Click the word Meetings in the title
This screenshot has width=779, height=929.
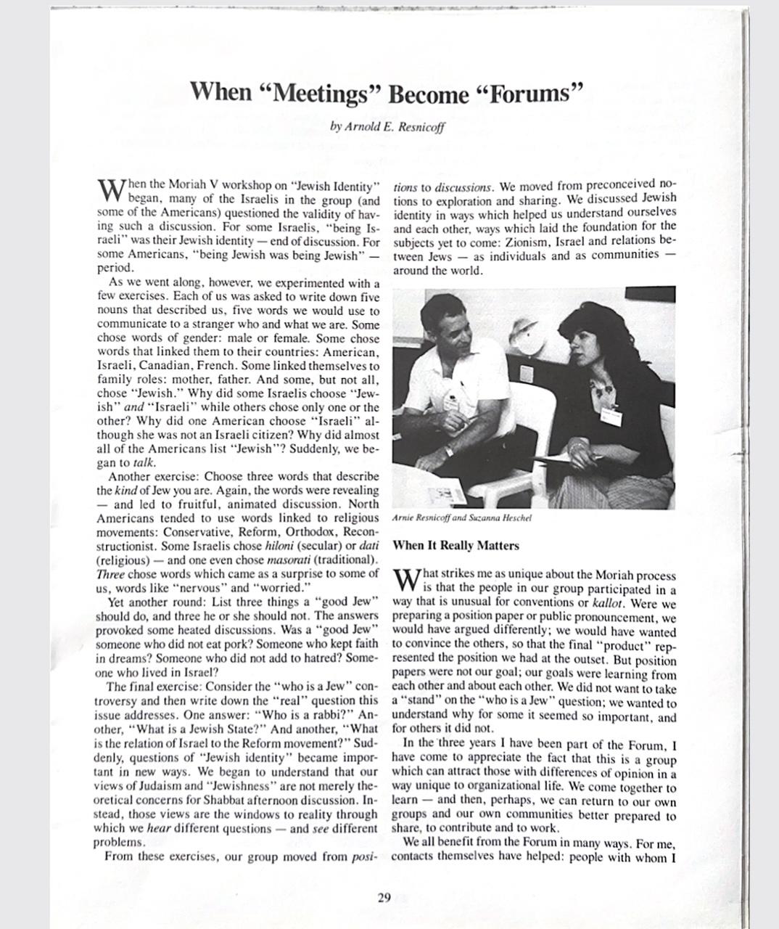click(326, 93)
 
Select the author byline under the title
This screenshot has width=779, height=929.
click(387, 126)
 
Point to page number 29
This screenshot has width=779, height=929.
click(384, 897)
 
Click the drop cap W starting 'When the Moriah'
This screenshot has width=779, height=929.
click(111, 191)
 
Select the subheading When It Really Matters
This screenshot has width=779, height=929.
click(456, 545)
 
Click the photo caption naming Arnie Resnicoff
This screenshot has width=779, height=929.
click(461, 518)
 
